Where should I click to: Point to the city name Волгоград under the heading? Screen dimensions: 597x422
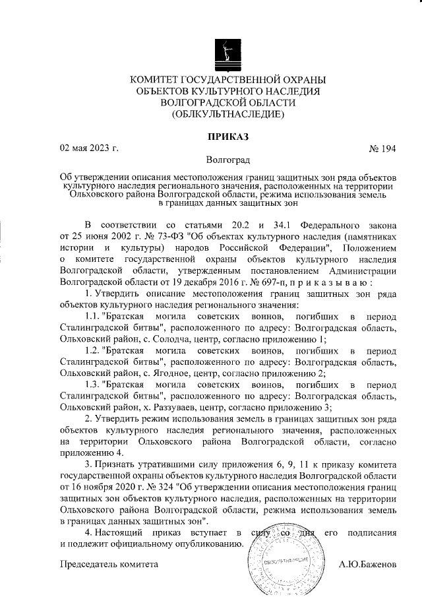pyautogui.click(x=228, y=160)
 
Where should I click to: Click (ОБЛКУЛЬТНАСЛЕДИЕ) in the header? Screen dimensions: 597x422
pyautogui.click(x=228, y=115)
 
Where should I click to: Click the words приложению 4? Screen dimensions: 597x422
pyautogui.click(x=90, y=453)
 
